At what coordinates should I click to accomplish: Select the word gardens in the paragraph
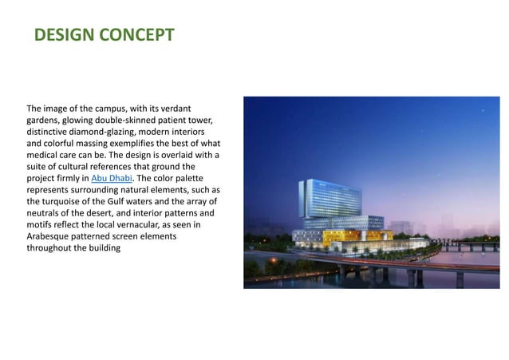tap(45, 120)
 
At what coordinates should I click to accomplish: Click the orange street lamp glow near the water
tap(276, 261)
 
